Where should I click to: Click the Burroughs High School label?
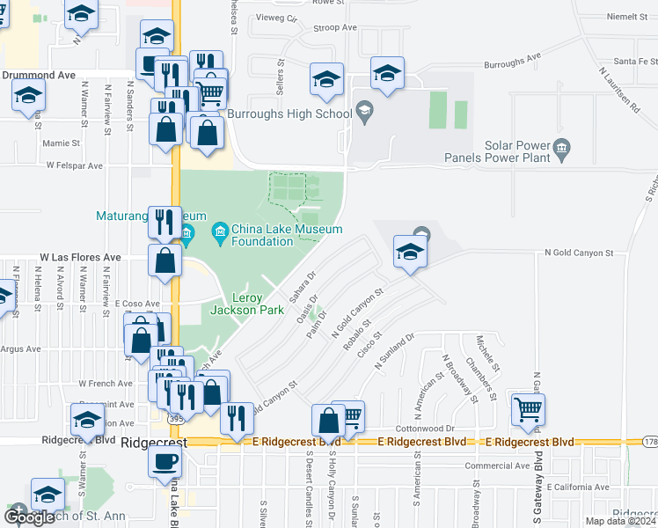(289, 114)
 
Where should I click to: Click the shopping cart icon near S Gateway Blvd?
(528, 410)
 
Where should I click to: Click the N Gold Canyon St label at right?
(579, 253)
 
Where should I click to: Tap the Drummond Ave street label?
(39, 76)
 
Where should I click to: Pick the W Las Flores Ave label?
(80, 258)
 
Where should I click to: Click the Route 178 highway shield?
(650, 442)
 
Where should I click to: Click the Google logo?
(30, 517)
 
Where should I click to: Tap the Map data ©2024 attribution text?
(620, 521)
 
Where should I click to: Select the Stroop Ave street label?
(335, 27)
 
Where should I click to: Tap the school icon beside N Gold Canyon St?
(409, 253)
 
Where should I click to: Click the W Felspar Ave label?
(75, 165)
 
